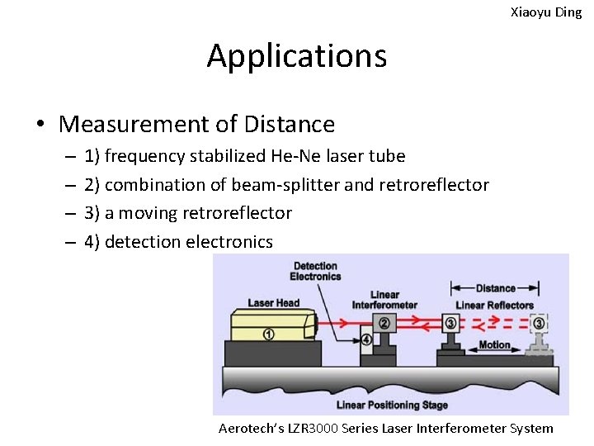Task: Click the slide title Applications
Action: (296, 56)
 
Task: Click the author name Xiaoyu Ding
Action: (546, 12)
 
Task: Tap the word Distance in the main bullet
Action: (290, 125)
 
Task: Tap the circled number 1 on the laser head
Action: (268, 334)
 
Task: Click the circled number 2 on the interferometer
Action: (384, 322)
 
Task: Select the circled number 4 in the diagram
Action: (365, 339)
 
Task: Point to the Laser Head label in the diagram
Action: (274, 303)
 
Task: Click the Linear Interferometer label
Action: (384, 299)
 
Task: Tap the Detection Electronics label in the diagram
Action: (315, 271)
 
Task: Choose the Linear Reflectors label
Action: (495, 305)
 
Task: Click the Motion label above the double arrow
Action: (495, 344)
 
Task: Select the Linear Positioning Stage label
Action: (392, 405)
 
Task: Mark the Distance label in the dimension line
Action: (495, 288)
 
